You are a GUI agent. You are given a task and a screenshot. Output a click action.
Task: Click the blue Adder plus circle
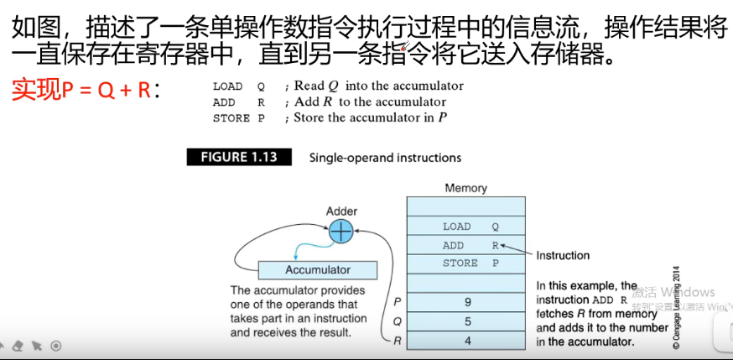[x=341, y=232]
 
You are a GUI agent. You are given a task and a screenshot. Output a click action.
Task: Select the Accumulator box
[x=318, y=270]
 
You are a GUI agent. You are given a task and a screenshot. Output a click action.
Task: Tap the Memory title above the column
[x=465, y=189]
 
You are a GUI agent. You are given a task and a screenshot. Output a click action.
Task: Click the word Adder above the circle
[x=341, y=211]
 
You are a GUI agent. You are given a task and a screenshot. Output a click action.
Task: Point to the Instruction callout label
[x=563, y=255]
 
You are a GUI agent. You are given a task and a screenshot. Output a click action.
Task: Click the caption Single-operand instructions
[x=385, y=158]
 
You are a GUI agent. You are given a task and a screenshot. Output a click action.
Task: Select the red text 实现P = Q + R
[x=85, y=89]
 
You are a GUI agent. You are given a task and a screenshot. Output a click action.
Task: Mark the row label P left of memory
[x=397, y=301]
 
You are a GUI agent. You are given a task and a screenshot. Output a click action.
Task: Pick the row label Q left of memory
[x=397, y=321]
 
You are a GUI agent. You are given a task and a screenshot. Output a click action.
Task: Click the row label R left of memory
[x=397, y=341]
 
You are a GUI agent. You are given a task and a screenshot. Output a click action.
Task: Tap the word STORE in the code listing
[x=231, y=118]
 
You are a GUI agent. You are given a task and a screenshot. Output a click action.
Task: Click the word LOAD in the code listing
[x=227, y=86]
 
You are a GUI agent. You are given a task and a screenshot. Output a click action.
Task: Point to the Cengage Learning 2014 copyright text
[x=676, y=307]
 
